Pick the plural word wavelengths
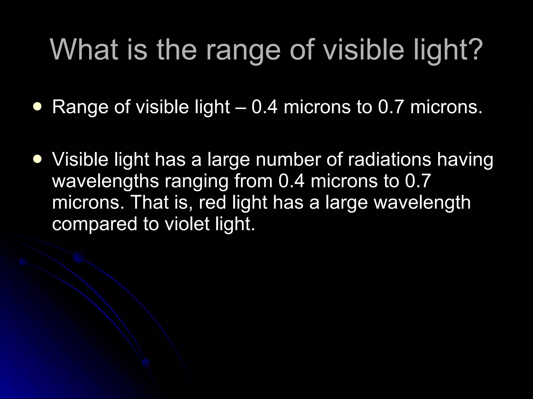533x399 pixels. (105, 181)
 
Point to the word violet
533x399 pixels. (187, 224)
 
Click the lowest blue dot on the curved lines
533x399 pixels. (146, 363)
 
